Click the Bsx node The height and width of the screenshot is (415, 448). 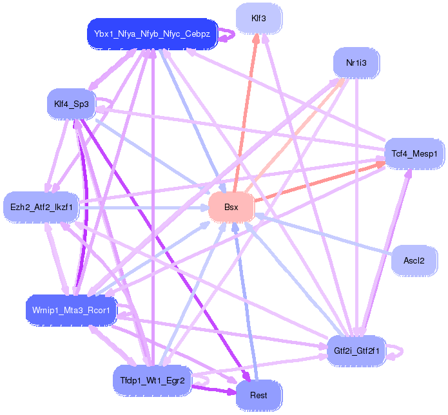click(231, 207)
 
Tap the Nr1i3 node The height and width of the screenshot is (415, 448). click(356, 63)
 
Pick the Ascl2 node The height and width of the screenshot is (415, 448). click(414, 261)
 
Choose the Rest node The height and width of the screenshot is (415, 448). click(258, 395)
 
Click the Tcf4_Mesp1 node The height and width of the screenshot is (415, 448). click(414, 153)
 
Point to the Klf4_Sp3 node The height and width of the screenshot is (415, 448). click(72, 104)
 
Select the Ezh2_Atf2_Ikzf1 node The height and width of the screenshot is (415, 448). click(41, 207)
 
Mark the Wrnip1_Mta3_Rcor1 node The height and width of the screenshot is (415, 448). click(72, 311)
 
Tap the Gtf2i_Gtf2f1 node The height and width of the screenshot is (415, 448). click(356, 351)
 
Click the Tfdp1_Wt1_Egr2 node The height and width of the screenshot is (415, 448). click(152, 381)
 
